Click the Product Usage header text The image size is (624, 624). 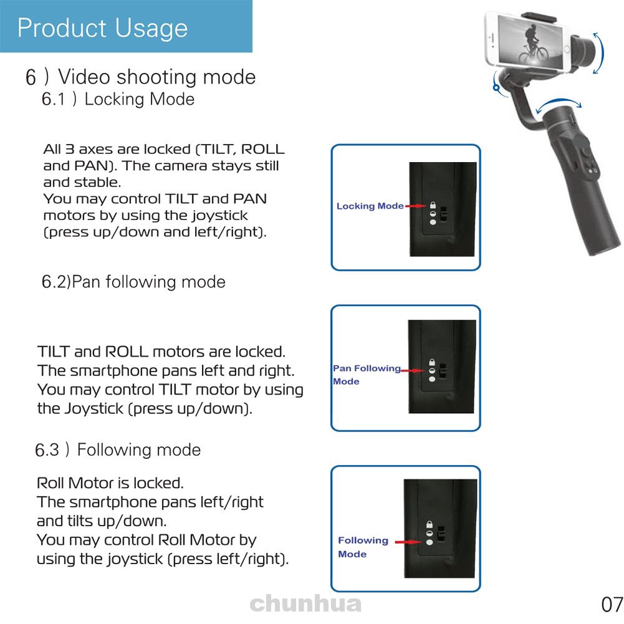[x=103, y=28]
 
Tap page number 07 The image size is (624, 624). [x=612, y=605]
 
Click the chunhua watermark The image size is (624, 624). [x=305, y=603]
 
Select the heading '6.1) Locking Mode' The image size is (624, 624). [x=118, y=99]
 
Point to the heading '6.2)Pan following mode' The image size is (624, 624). [x=133, y=282]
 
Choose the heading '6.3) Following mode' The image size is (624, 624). [x=118, y=450]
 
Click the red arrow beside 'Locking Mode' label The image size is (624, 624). [x=415, y=206]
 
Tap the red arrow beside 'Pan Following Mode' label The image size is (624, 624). [x=413, y=370]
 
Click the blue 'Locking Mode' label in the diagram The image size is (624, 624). [x=370, y=206]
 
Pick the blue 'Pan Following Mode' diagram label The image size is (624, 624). [x=367, y=375]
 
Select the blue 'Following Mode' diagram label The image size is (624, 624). [x=363, y=547]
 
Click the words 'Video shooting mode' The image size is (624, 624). [x=156, y=77]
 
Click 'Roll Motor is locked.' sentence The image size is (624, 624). [x=110, y=483]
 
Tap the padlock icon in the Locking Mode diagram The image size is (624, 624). [x=432, y=206]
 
